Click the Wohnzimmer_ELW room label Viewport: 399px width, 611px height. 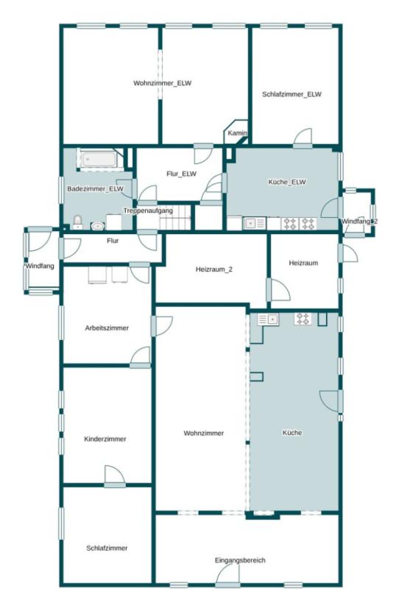click(x=162, y=83)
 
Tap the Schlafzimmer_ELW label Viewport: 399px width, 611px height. click(x=292, y=94)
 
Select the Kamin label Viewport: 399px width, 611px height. click(x=237, y=133)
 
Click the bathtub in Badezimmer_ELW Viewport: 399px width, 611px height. click(x=99, y=160)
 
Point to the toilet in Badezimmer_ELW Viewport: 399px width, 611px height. click(x=78, y=222)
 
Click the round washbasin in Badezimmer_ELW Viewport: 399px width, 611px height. click(x=97, y=225)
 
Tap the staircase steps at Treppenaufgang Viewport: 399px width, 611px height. click(x=175, y=222)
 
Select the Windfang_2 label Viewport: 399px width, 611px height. click(x=359, y=222)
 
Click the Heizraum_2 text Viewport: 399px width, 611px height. click(x=214, y=269)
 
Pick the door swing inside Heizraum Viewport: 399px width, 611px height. click(x=279, y=289)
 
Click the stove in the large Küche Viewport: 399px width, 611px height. click(x=303, y=319)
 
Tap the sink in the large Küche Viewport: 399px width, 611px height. click(x=268, y=319)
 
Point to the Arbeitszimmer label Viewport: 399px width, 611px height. click(x=107, y=328)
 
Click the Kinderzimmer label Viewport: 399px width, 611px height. click(x=105, y=439)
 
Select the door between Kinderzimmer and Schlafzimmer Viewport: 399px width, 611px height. click(x=115, y=476)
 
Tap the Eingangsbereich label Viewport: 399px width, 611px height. click(x=240, y=560)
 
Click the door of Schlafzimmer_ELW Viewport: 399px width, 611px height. click(x=303, y=138)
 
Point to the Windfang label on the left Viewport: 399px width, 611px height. click(x=40, y=266)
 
